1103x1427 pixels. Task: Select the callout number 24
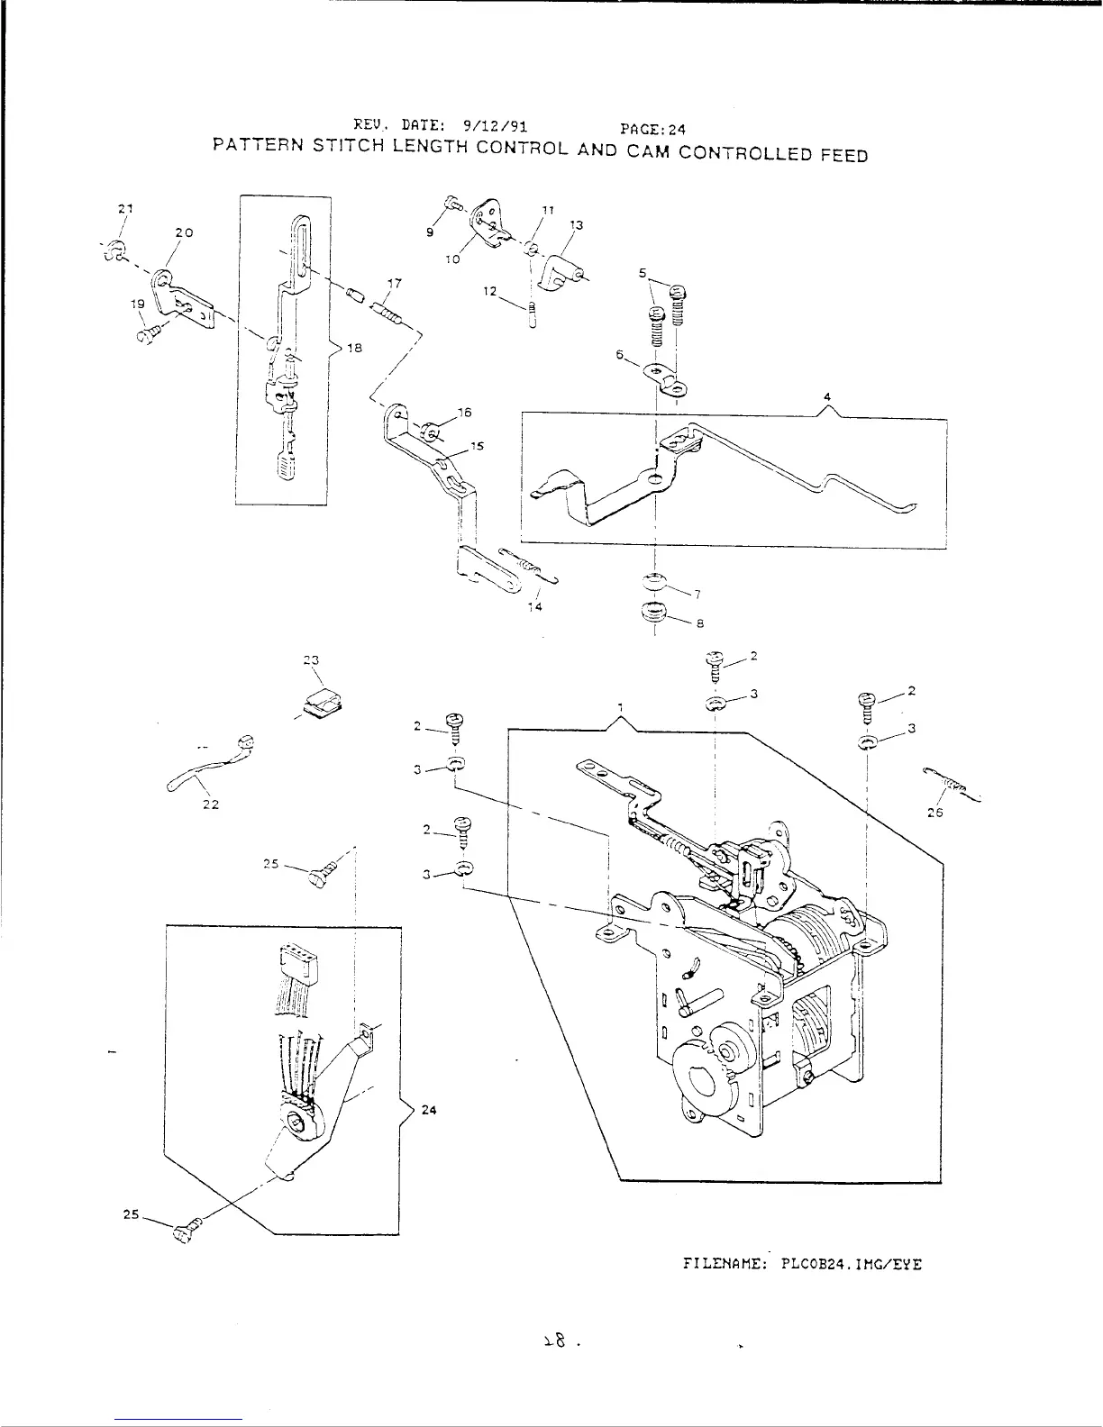click(x=429, y=1110)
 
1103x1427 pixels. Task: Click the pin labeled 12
click(x=533, y=318)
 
